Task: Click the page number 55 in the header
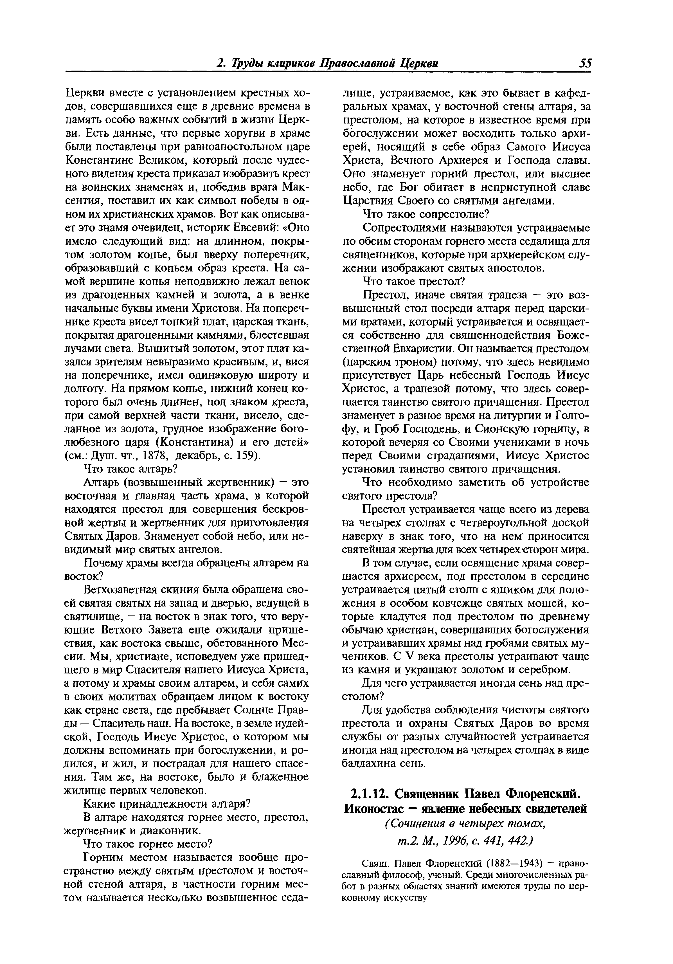coord(585,63)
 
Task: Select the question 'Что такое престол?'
coord(414,281)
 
